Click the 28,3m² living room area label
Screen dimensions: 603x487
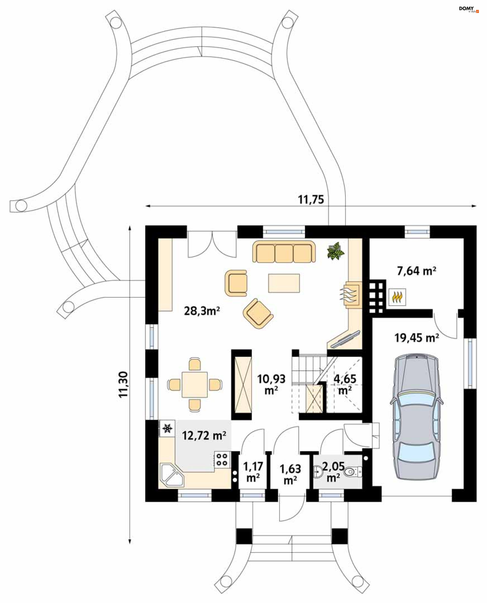tap(202, 311)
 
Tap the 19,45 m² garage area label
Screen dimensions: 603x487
tap(416, 338)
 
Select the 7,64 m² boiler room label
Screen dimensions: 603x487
tap(416, 271)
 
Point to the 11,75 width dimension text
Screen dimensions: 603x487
tap(310, 200)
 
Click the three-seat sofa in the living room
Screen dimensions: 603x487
tap(284, 252)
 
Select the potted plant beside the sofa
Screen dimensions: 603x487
tap(336, 251)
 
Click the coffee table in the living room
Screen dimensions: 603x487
tap(284, 283)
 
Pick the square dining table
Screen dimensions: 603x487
tap(195, 385)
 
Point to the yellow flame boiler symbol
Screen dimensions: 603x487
tap(397, 297)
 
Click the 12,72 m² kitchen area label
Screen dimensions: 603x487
tap(204, 436)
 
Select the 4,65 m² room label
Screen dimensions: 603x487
tap(345, 384)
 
